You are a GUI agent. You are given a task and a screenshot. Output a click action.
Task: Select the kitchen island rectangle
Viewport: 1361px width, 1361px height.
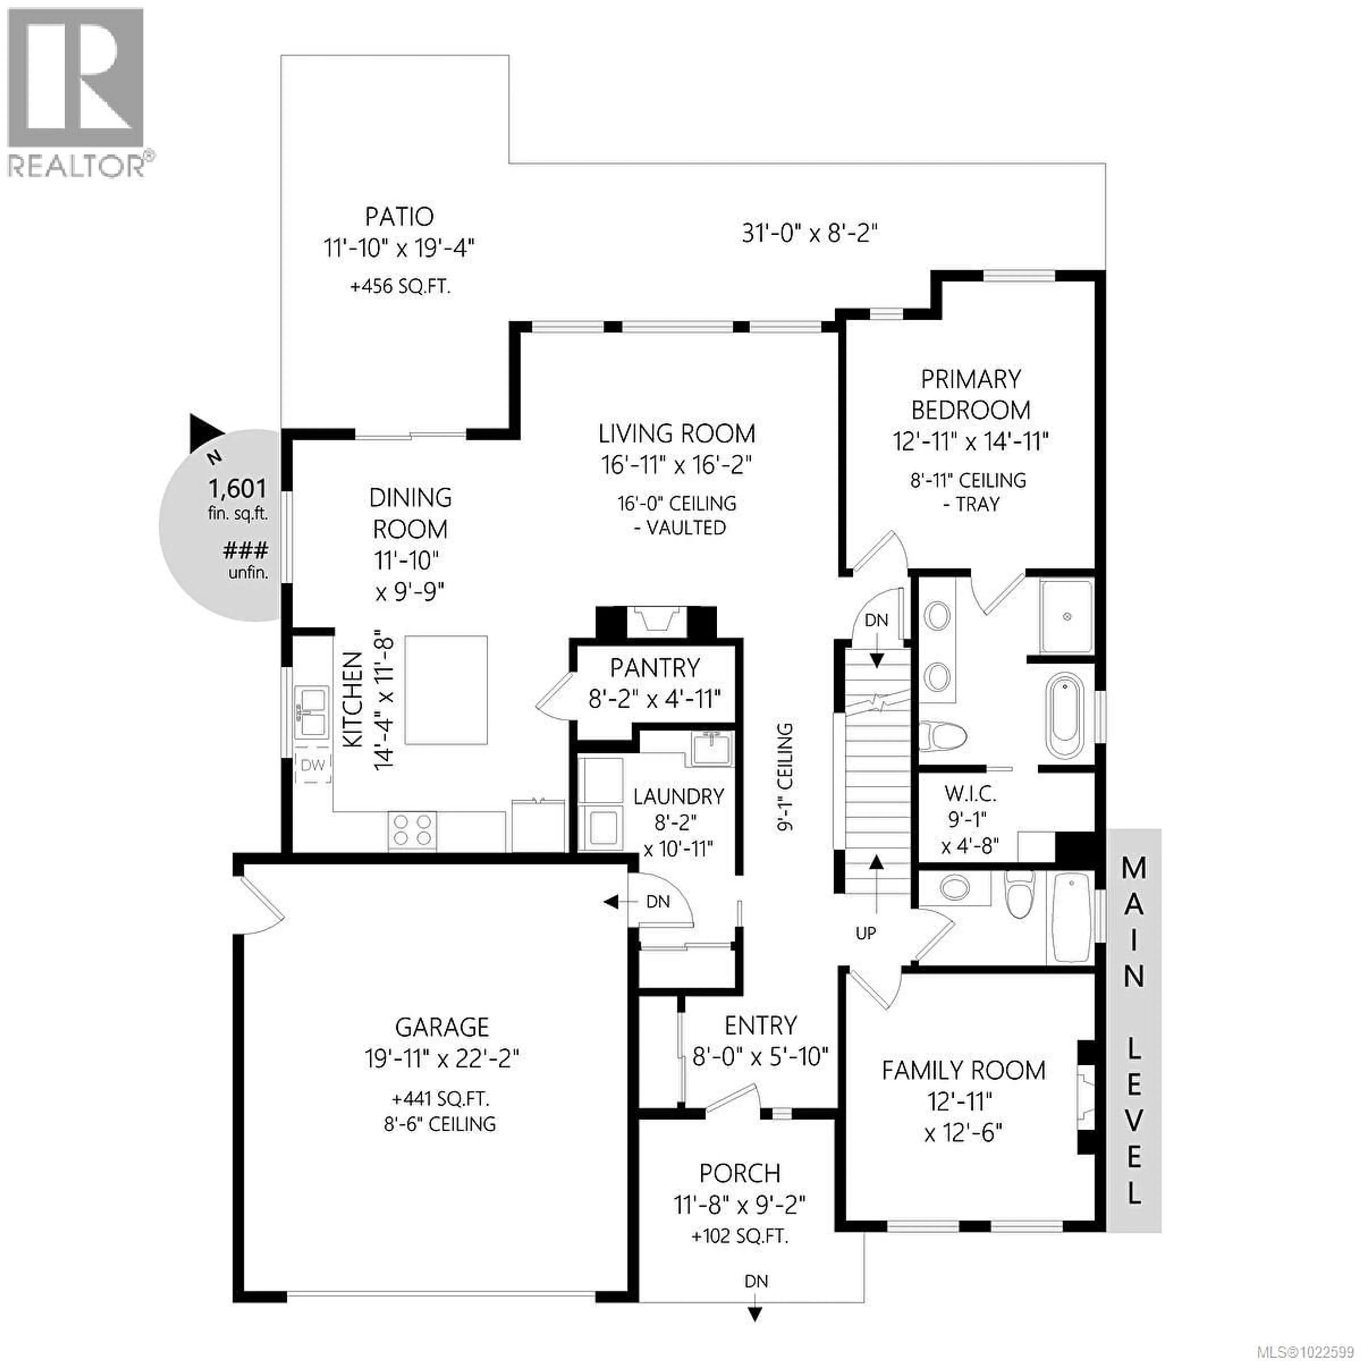click(446, 690)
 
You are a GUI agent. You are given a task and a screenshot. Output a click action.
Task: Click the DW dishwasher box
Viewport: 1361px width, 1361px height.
click(312, 765)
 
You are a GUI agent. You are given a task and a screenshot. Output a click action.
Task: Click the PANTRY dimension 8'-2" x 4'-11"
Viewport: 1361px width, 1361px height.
click(654, 699)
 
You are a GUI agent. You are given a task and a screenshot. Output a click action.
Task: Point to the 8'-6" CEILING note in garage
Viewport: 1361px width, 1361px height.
click(439, 1124)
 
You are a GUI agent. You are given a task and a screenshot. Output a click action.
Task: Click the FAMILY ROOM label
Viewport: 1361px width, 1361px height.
click(963, 1071)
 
